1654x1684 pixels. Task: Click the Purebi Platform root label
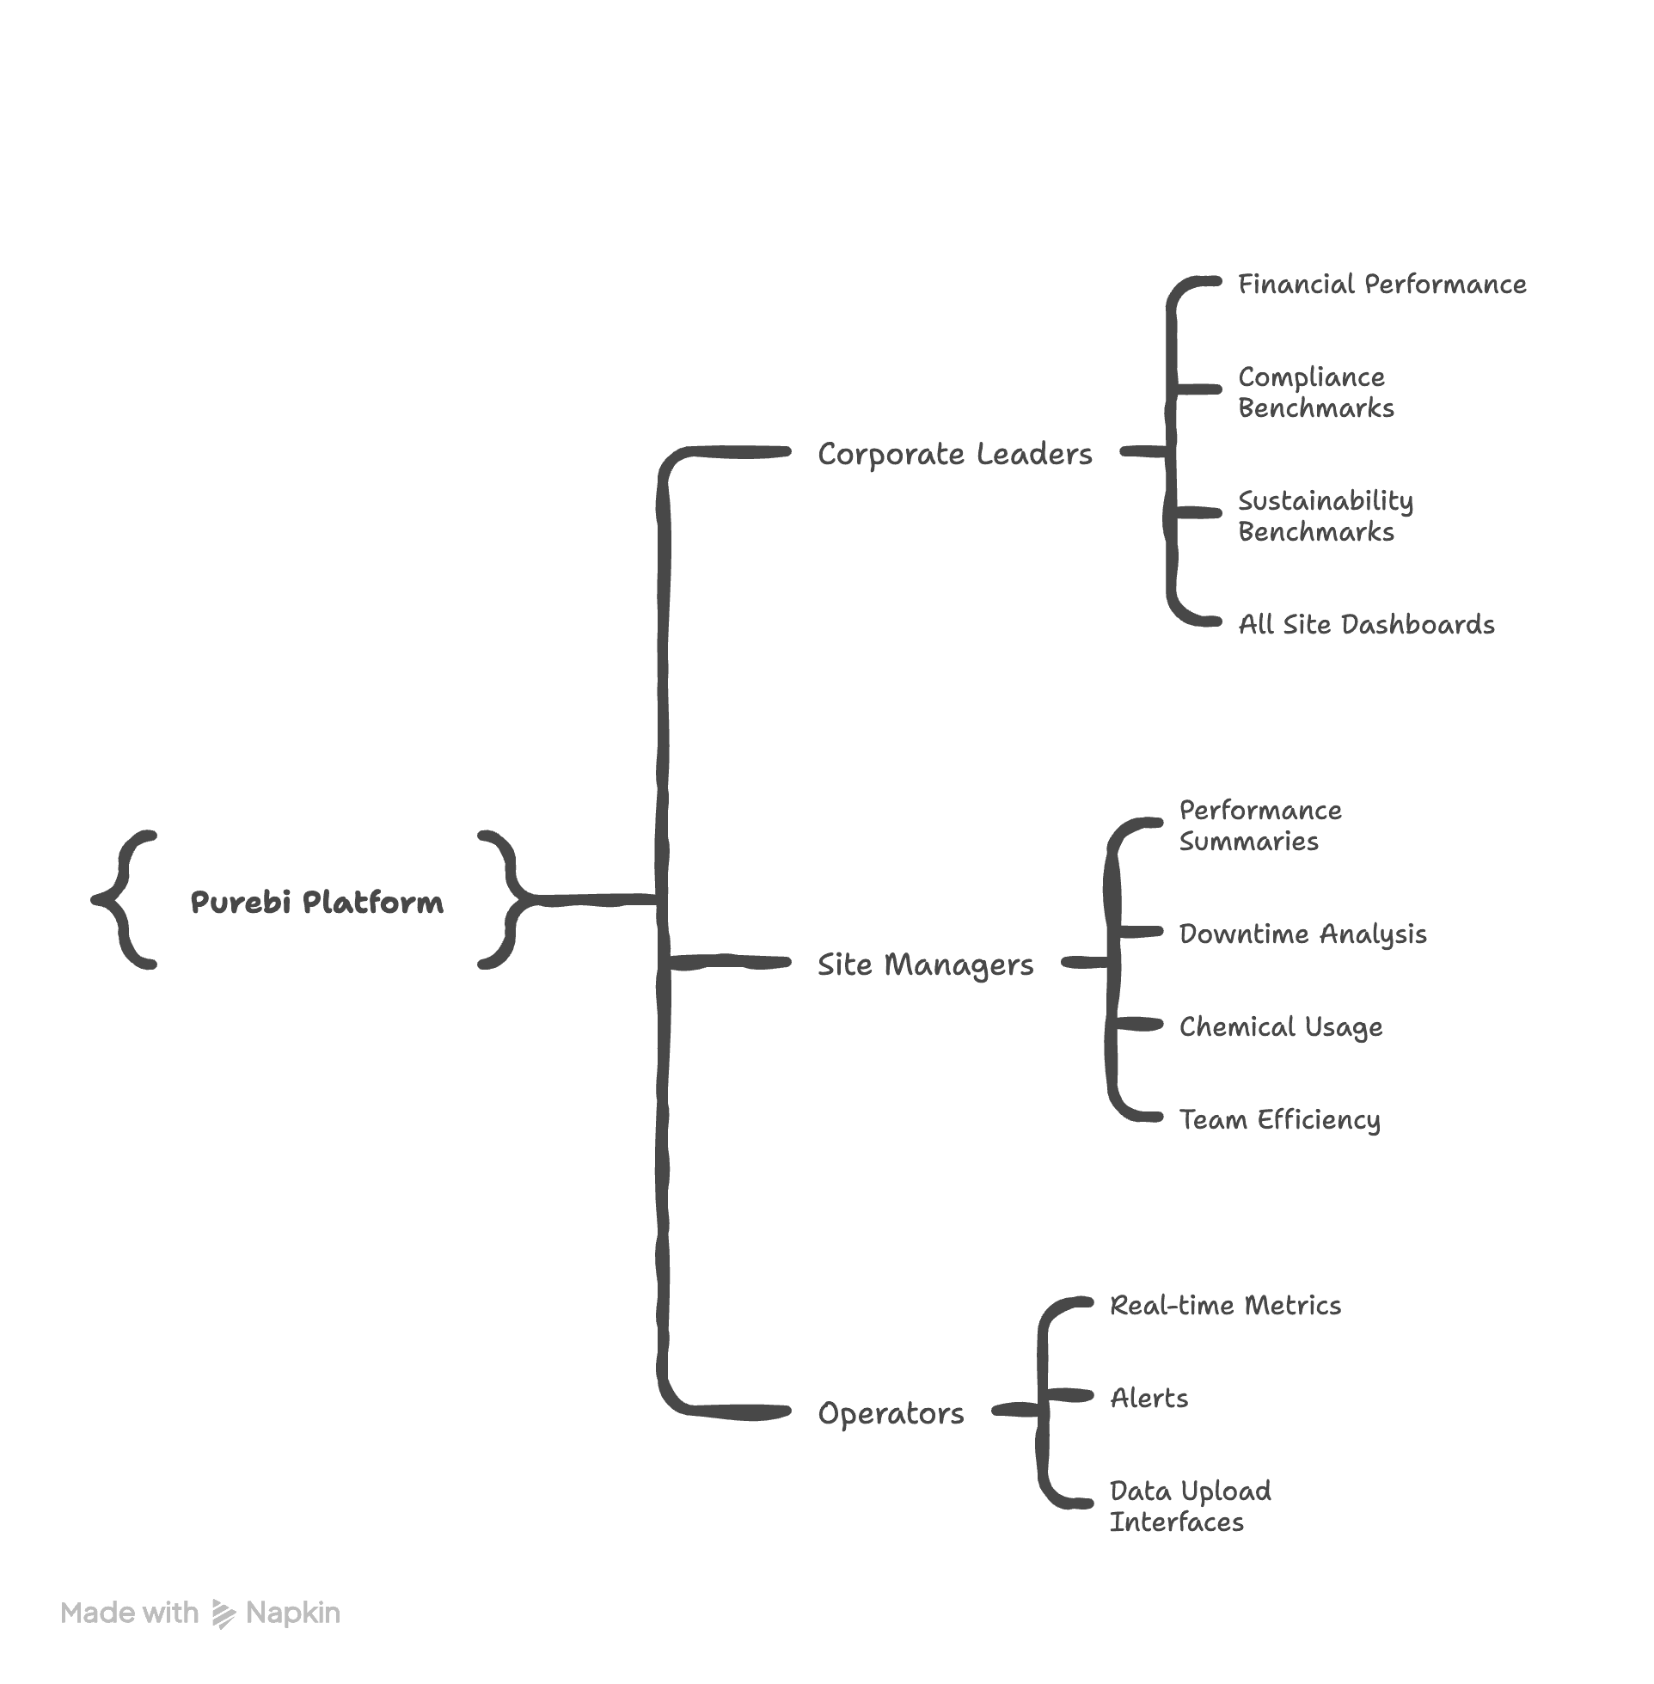[317, 902]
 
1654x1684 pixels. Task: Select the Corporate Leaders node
[955, 453]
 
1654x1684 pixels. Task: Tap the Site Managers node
[925, 964]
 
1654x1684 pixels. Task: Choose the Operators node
[891, 1413]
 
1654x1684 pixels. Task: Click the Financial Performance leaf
[1381, 284]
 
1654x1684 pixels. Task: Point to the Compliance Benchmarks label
[1315, 393]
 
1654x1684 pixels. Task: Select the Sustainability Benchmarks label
[1325, 516]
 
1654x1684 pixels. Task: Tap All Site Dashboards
[1366, 624]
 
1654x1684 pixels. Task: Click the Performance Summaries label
[1259, 826]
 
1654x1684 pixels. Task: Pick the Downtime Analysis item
[1302, 934]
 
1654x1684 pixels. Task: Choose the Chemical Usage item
[1279, 1026]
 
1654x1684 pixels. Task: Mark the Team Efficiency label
[1278, 1119]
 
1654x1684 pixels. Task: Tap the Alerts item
[1149, 1399]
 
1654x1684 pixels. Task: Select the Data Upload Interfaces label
[1190, 1507]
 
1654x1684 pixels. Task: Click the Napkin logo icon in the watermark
[224, 1614]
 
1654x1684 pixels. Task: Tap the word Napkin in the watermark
[293, 1613]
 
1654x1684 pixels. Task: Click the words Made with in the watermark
[130, 1613]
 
